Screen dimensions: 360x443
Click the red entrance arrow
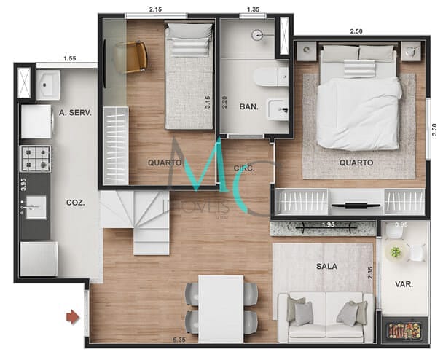(72, 316)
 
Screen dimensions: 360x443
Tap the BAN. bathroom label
(249, 106)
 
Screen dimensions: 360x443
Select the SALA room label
(327, 266)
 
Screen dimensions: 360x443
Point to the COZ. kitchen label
(75, 203)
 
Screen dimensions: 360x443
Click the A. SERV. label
(74, 112)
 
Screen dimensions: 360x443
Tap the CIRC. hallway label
(243, 168)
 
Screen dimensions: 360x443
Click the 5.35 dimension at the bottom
(177, 339)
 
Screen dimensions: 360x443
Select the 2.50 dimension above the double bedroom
(356, 31)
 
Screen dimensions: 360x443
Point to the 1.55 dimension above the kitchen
(70, 58)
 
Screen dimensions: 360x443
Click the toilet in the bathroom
(271, 76)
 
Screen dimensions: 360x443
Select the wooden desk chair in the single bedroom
(135, 56)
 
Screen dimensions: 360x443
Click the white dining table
(221, 307)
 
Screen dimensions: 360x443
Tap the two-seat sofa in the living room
(326, 316)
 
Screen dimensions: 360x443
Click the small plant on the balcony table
(396, 252)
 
